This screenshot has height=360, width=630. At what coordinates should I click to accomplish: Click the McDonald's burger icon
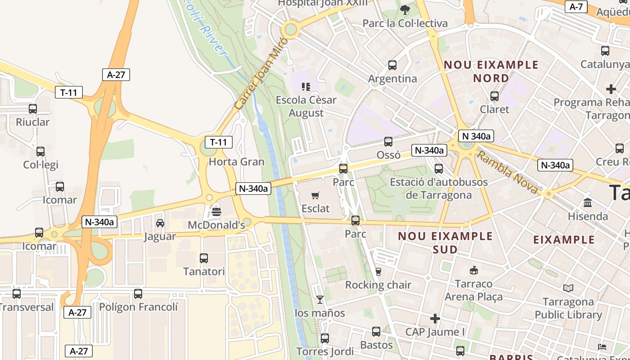tap(216, 211)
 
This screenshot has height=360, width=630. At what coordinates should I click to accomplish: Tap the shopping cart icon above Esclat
tap(315, 195)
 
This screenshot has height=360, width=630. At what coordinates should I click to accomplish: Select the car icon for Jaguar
tap(160, 223)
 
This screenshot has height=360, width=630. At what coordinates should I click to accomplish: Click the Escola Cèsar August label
tap(306, 106)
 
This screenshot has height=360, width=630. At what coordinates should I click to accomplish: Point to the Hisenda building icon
tap(587, 202)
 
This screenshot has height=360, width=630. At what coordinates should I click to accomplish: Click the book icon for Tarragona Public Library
tap(568, 288)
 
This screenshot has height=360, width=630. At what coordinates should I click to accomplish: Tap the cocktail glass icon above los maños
tap(319, 299)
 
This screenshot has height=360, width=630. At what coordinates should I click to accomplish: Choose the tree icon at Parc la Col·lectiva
tap(405, 9)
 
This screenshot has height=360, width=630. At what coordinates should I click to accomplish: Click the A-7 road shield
tap(576, 7)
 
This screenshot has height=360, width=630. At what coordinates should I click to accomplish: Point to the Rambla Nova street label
tap(507, 173)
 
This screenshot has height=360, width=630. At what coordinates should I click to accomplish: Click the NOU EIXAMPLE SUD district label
tap(445, 243)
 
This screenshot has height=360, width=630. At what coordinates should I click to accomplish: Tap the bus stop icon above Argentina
tap(392, 65)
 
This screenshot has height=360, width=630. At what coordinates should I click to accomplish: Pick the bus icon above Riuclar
tap(33, 108)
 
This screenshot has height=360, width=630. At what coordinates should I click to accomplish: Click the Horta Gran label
tap(237, 162)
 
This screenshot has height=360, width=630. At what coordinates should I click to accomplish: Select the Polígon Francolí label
tap(138, 307)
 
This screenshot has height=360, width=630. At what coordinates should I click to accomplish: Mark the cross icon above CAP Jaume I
tap(435, 319)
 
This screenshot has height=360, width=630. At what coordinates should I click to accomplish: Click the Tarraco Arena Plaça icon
tap(473, 270)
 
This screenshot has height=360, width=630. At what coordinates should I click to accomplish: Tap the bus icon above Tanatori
tap(204, 258)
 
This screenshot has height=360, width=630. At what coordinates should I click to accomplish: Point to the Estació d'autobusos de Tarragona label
tap(438, 189)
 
